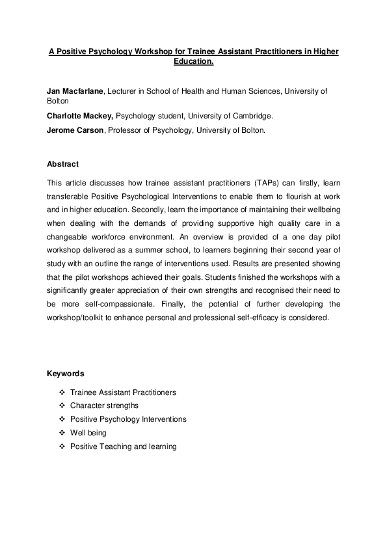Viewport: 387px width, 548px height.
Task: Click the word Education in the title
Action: coord(193,62)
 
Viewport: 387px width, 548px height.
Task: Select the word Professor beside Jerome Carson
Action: coord(127,130)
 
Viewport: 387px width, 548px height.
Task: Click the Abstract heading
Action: coord(62,164)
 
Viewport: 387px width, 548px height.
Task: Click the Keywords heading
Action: coord(65,374)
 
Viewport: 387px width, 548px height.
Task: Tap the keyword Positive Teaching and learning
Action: coord(123,446)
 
